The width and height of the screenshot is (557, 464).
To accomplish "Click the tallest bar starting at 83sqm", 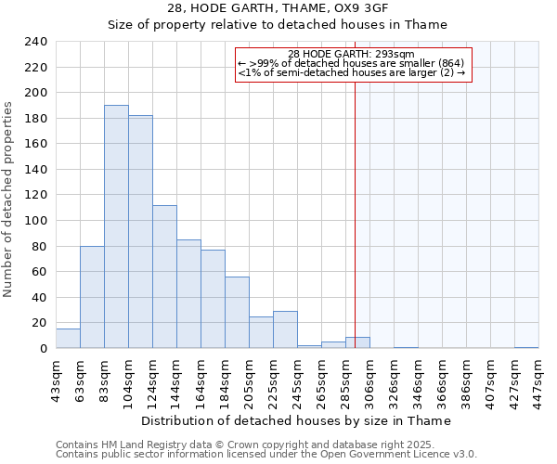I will tap(116, 226).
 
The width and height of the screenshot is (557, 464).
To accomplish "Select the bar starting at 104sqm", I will tap(140, 232).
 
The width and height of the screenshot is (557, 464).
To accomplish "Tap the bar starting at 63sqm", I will tap(92, 297).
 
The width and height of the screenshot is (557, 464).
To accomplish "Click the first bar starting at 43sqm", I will tap(68, 339).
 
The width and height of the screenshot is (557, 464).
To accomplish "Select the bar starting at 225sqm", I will tap(285, 329).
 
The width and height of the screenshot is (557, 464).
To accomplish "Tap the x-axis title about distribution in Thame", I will tap(297, 420).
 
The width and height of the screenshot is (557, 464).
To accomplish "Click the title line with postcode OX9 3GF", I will tap(278, 8).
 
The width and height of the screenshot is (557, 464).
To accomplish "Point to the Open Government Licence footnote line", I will tap(266, 455).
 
